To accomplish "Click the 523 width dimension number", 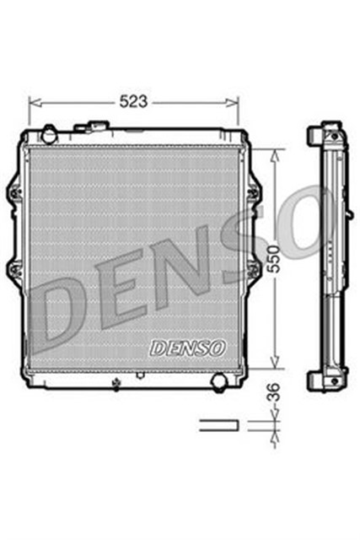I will (x=134, y=101).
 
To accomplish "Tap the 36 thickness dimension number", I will (x=272, y=394).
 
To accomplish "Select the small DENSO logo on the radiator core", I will (x=186, y=348).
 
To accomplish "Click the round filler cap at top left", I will (x=49, y=133).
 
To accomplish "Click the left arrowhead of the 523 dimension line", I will (x=33, y=102).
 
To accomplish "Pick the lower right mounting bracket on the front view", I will (x=252, y=270).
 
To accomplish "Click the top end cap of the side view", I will (x=327, y=134).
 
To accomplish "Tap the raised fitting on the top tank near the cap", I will (x=90, y=128).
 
